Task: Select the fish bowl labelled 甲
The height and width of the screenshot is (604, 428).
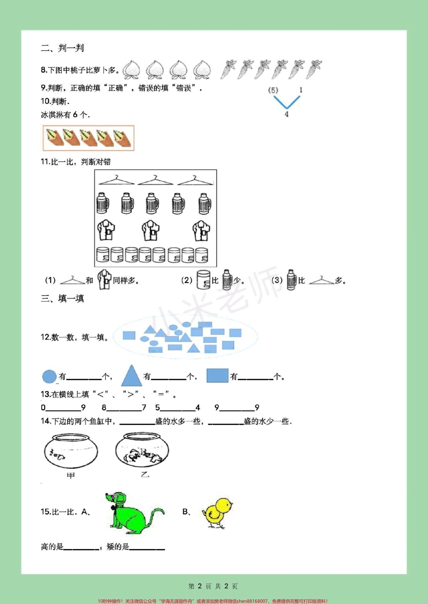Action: coord(71,451)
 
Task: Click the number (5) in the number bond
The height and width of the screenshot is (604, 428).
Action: coord(273,90)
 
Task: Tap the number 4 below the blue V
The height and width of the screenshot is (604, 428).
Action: coord(287,114)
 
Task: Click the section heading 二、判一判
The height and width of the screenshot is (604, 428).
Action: coord(62,48)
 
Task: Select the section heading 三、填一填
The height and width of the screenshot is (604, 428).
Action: coord(62,298)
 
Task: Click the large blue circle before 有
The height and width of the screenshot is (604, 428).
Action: coord(50,376)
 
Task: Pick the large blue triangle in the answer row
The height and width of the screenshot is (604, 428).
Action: coord(132,376)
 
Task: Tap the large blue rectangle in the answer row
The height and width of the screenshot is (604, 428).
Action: coord(218,376)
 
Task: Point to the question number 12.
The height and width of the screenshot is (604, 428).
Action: coord(46,337)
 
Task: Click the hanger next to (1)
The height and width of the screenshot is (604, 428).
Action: coord(73,280)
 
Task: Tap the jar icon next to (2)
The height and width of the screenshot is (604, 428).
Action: coord(203,280)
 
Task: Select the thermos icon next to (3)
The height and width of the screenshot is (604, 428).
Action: coord(291,280)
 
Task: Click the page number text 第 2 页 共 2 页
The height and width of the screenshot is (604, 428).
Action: coord(213,586)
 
